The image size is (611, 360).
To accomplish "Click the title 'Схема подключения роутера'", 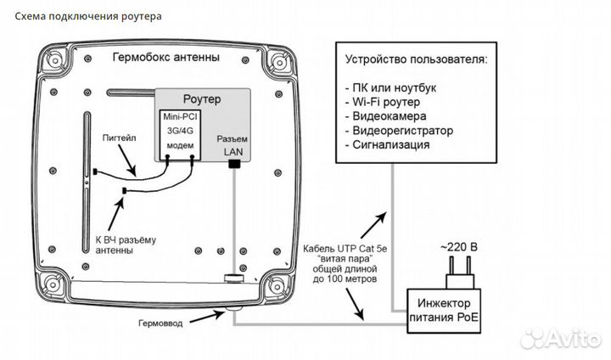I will click(x=84, y=16).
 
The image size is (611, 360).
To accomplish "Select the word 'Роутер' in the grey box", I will click(x=202, y=98).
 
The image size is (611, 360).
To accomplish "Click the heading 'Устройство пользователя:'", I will click(x=416, y=60).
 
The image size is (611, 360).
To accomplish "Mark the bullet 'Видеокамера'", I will click(x=390, y=116).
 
